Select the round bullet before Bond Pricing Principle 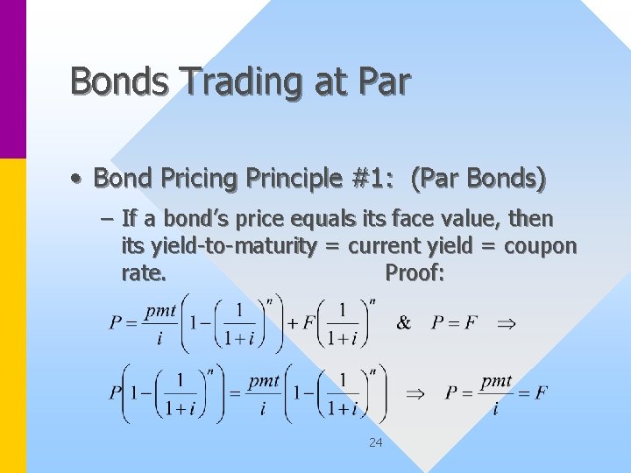78,180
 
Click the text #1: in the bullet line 357,179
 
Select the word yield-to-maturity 230,247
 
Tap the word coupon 541,247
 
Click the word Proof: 415,273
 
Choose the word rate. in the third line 144,273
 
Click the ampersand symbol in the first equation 403,323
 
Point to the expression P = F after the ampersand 454,323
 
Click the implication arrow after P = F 506,323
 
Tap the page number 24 375,443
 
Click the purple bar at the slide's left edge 13,79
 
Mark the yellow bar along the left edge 13,315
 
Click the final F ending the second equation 541,392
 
